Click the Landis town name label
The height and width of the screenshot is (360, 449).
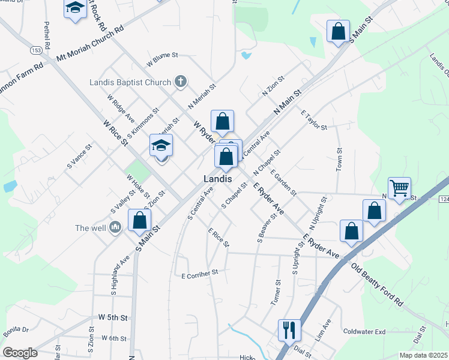pos(217,178)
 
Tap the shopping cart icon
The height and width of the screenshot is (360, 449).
pos(399,188)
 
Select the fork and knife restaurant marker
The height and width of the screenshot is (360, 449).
pos(289,329)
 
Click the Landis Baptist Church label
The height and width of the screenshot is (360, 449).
pos(130,82)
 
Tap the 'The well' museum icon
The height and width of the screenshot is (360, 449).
pos(115,227)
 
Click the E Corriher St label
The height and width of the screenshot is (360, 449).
pos(199,274)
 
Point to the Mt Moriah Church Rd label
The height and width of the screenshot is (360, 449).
pos(90,44)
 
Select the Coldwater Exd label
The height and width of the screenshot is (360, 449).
pos(364,331)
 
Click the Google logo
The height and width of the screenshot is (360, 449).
pos(20,353)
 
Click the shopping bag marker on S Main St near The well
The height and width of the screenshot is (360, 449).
pos(139,220)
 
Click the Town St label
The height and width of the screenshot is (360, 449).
pos(339,158)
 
